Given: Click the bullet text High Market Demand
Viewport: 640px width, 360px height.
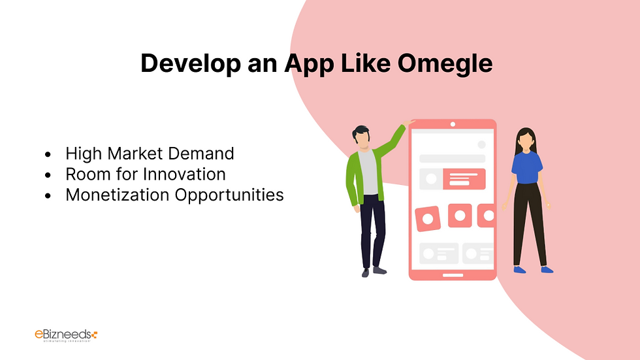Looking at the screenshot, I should tap(150, 154).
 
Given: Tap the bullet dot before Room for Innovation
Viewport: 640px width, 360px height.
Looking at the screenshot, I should tap(48, 175).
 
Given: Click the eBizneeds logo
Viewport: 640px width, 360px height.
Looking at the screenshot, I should tap(65, 335).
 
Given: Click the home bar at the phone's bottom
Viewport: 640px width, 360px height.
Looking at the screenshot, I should tap(453, 274).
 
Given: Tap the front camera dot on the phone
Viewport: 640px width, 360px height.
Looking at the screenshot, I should tap(453, 124).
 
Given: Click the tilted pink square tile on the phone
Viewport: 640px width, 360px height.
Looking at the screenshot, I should tap(428, 219).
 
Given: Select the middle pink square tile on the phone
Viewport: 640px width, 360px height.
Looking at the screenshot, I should tap(460, 215).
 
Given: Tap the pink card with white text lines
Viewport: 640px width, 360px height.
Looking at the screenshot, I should tap(464, 178).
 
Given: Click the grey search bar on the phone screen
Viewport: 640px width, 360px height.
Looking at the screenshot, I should tap(452, 158).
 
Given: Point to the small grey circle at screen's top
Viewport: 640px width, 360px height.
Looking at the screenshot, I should tap(481, 144).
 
